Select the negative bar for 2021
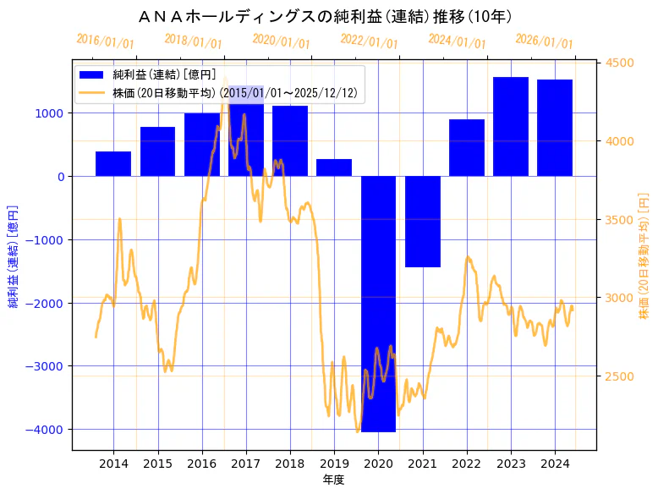[x=422, y=221]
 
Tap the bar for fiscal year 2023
[x=511, y=127]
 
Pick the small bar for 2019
[x=334, y=167]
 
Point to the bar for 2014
[x=113, y=164]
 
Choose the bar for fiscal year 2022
[x=467, y=148]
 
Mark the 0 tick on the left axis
[x=62, y=177]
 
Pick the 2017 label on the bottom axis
[x=245, y=463]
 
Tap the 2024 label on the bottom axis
[x=555, y=463]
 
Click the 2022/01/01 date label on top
[x=369, y=41]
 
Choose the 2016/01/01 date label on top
[x=105, y=41]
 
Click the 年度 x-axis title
[x=334, y=480]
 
